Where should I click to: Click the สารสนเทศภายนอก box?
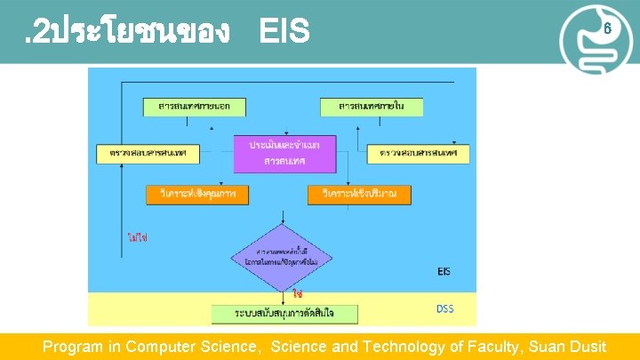[x=194, y=107]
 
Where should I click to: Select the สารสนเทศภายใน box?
[x=372, y=107]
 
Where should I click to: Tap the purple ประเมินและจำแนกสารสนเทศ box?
[x=284, y=153]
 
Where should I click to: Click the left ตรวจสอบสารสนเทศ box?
[x=148, y=154]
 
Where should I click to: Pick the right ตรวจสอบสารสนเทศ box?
[x=419, y=154]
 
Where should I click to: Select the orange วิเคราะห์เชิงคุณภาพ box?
[x=197, y=194]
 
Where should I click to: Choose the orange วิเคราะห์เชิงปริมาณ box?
[x=360, y=194]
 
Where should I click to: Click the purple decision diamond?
[x=283, y=259]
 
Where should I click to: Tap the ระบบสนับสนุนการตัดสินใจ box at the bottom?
[x=284, y=313]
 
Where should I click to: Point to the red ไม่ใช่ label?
[x=138, y=237]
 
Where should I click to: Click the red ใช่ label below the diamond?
[x=298, y=292]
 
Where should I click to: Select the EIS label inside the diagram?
[x=449, y=270]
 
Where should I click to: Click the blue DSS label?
[x=445, y=308]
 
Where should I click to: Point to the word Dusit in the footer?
[x=585, y=347]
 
